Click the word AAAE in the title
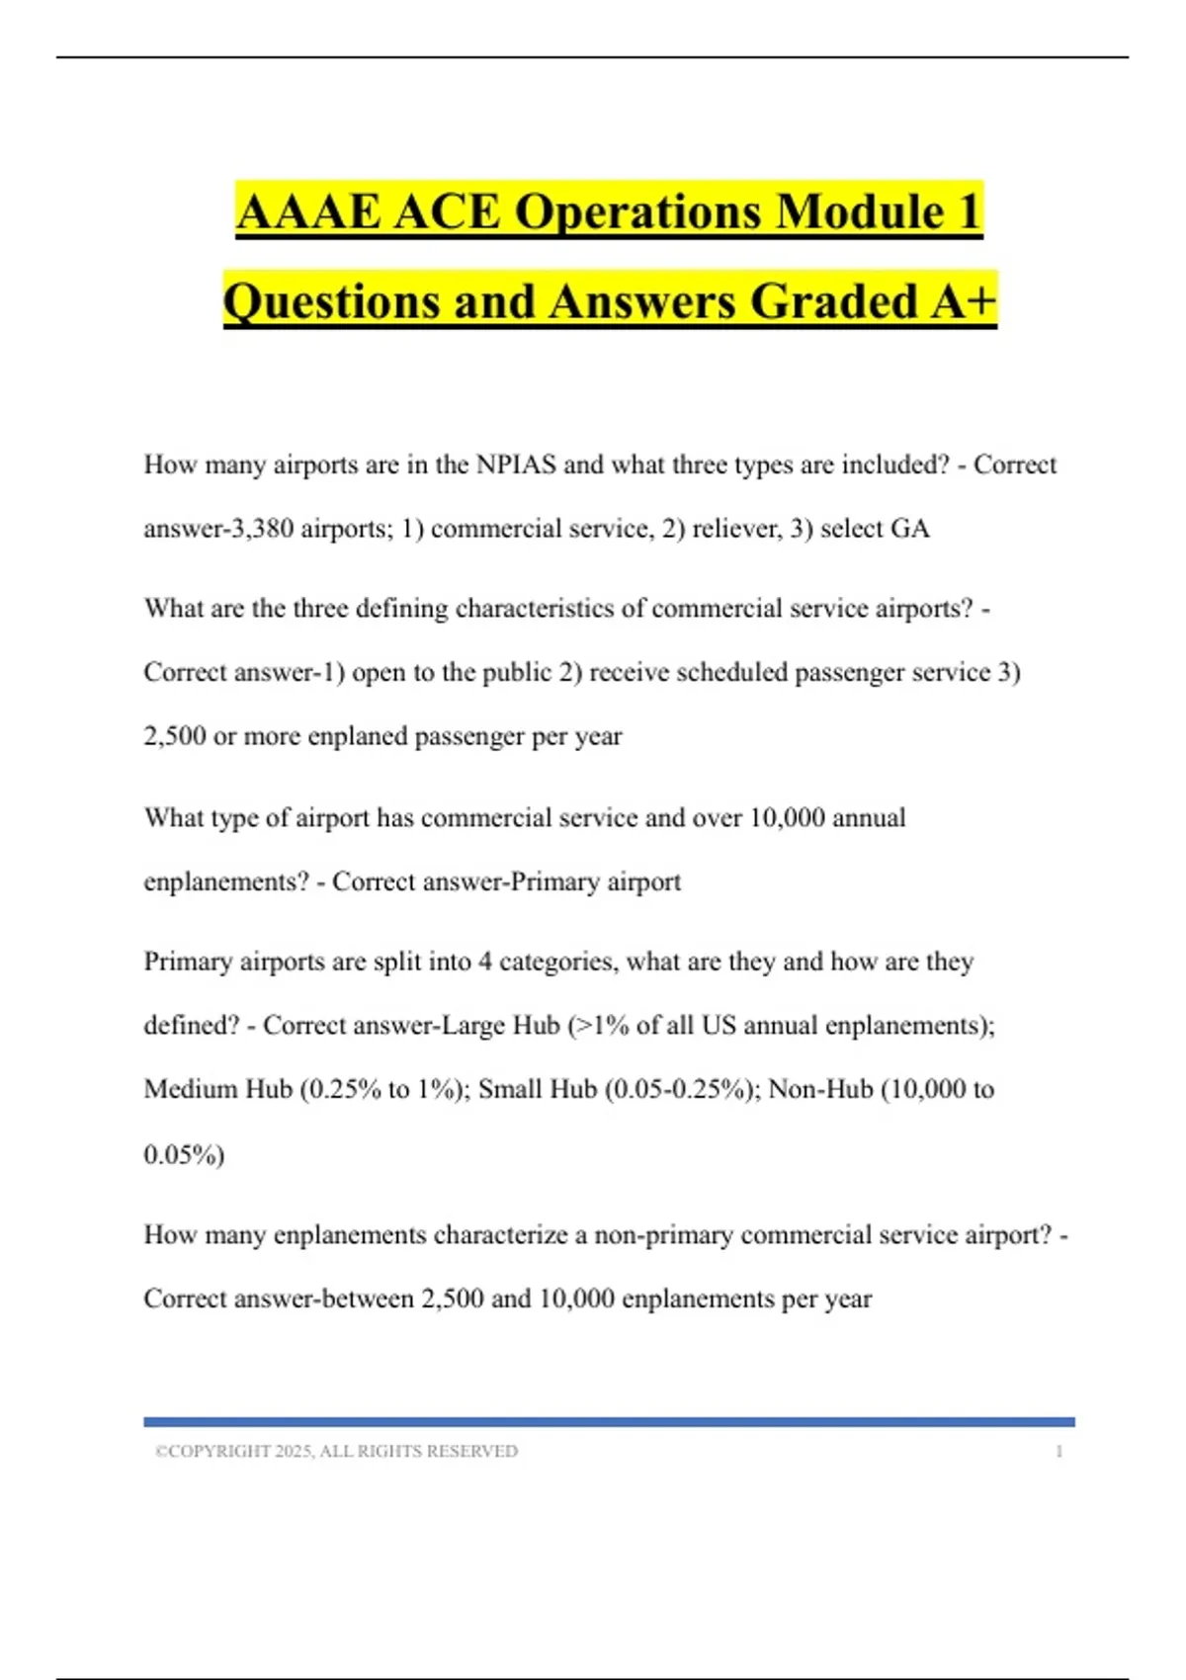pos(308,212)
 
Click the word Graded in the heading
pos(834,301)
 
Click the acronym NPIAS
pos(516,464)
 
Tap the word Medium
pos(191,1089)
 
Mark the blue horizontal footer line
pos(609,1422)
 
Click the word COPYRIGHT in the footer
pos(219,1452)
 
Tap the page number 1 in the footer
pos(1059,1452)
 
